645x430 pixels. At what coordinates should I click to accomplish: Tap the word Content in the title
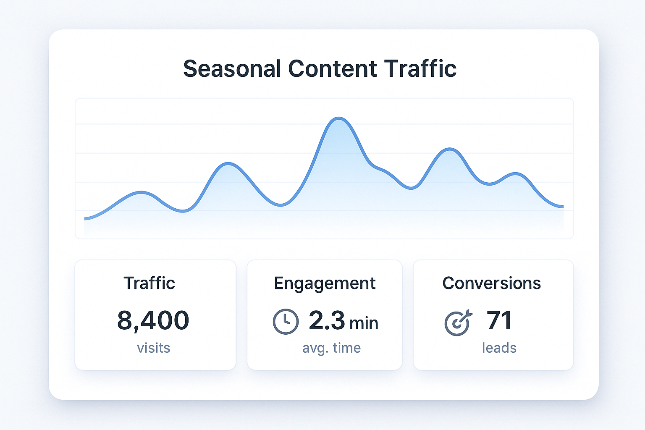(333, 68)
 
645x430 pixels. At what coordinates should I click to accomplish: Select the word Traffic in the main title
(420, 68)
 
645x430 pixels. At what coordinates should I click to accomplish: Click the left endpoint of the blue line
(85, 218)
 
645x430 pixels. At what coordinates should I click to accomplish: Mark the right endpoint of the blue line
(563, 207)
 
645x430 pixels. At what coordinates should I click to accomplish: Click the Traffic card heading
(149, 283)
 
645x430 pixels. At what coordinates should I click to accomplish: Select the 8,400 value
(153, 320)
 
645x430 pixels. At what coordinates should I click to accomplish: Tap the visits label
(154, 348)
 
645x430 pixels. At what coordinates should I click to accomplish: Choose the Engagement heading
(325, 283)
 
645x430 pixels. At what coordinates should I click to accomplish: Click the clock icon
(286, 322)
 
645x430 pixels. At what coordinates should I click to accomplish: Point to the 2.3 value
(327, 320)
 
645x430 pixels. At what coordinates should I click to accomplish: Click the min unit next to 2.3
(364, 323)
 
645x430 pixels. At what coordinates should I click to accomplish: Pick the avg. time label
(331, 348)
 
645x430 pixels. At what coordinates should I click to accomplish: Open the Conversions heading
(491, 283)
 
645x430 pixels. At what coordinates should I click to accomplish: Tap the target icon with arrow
(458, 323)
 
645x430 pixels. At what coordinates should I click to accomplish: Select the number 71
(499, 320)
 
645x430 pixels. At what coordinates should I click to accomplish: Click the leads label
(499, 348)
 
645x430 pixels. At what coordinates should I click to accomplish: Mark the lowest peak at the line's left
(141, 192)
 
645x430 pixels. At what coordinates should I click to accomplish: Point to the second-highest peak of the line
(450, 149)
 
